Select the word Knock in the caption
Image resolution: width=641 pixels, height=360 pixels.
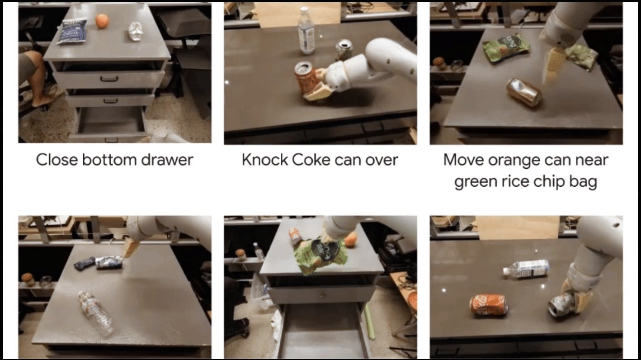pyautogui.click(x=265, y=160)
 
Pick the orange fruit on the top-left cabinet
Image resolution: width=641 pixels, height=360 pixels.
pyautogui.click(x=102, y=21)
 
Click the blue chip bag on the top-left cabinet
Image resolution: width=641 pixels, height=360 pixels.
pyautogui.click(x=72, y=31)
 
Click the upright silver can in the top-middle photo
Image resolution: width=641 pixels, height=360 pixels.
pyautogui.click(x=344, y=49)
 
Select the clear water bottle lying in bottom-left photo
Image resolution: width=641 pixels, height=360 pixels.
pyautogui.click(x=95, y=313)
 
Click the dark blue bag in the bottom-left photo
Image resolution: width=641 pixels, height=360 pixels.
pyautogui.click(x=85, y=263)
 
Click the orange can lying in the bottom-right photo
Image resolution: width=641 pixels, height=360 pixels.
pyautogui.click(x=489, y=304)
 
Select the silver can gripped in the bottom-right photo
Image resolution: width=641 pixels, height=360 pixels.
pyautogui.click(x=561, y=304)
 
